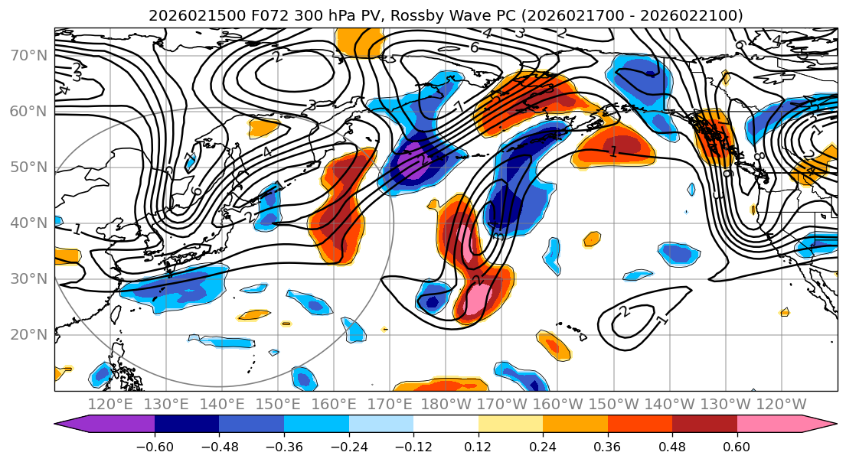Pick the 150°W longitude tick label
click(614, 404)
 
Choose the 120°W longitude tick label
click(782, 404)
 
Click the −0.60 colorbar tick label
click(155, 445)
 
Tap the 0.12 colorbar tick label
click(478, 445)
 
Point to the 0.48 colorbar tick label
click(672, 445)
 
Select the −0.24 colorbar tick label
click(348, 445)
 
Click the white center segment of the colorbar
click(446, 425)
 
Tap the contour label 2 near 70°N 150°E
click(276, 57)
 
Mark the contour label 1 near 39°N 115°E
click(77, 229)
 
